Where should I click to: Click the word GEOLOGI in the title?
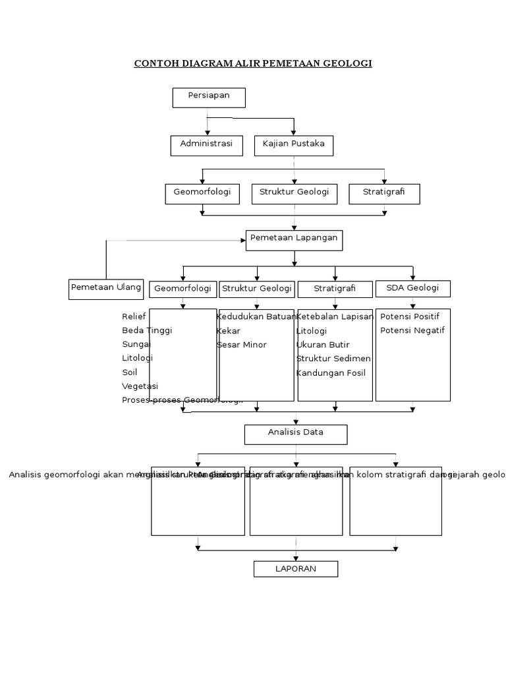tap(347, 63)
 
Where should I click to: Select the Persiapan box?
tap(209, 98)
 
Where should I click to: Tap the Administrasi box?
tap(206, 146)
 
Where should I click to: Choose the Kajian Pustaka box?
tap(294, 146)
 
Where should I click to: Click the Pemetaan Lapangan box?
tap(294, 240)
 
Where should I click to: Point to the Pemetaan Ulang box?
tap(106, 289)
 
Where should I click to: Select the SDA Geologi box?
tap(413, 288)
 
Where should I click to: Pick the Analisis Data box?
tap(296, 434)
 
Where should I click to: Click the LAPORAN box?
tap(296, 568)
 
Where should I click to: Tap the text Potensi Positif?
tap(410, 316)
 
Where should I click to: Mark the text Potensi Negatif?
tap(412, 330)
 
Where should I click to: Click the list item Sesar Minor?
tap(242, 345)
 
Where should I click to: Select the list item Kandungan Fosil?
tap(331, 372)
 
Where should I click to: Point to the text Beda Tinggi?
tap(147, 330)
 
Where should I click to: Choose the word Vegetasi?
tap(140, 386)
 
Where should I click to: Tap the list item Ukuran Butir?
tap(323, 345)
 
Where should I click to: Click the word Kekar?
tap(229, 330)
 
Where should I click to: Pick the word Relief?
tap(134, 316)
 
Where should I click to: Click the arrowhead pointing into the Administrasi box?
tap(208, 132)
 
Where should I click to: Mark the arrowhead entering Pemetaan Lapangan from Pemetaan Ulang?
tap(242, 241)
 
